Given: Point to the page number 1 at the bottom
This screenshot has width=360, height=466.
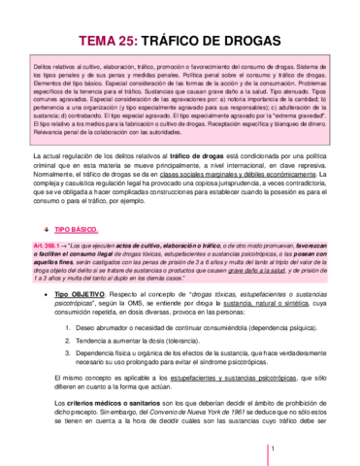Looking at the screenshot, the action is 275,448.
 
